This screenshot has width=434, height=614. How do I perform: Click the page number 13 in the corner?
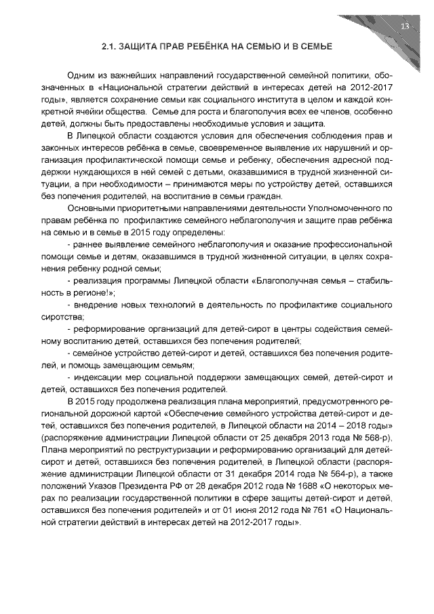point(404,26)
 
